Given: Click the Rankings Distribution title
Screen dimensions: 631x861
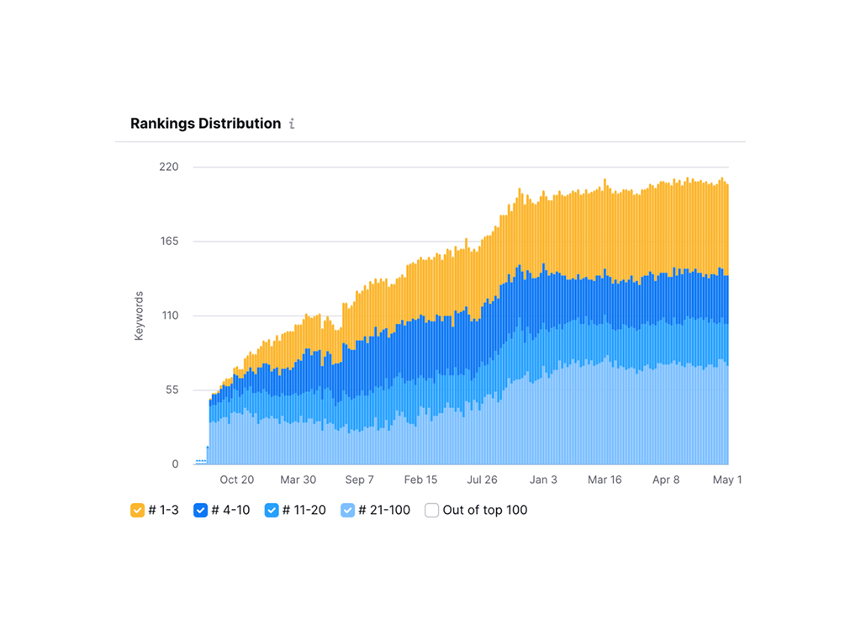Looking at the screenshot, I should (x=205, y=124).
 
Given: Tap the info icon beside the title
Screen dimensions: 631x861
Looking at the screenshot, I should (x=292, y=124).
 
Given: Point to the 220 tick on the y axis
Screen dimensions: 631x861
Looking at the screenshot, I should (x=168, y=167).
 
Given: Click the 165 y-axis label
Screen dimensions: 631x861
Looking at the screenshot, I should (x=168, y=241).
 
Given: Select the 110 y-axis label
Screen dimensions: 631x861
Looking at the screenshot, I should (x=168, y=315).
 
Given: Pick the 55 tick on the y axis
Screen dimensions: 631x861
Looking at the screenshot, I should (x=171, y=390).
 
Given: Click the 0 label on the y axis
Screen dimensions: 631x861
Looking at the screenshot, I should (x=175, y=464).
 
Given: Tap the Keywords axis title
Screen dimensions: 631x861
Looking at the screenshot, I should (x=140, y=316).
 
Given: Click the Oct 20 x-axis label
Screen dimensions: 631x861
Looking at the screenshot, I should (x=237, y=480).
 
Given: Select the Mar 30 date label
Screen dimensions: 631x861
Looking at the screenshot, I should (x=298, y=480).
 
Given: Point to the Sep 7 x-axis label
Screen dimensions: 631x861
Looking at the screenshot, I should (x=359, y=480).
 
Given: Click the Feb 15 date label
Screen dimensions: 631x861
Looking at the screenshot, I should (x=420, y=480).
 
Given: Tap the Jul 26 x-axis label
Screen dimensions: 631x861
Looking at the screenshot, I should (x=482, y=480).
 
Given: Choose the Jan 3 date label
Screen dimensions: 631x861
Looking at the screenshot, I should (x=543, y=480).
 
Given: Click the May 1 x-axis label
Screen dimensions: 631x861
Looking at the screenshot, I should (x=727, y=480).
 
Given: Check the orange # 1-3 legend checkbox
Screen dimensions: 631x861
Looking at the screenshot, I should (x=138, y=510).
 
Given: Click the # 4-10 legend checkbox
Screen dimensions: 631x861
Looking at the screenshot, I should (x=201, y=510).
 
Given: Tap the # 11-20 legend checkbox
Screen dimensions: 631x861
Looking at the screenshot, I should (x=272, y=510).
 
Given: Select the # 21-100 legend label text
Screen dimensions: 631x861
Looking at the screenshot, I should (x=384, y=510).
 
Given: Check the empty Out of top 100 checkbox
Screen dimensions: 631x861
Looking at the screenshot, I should (x=431, y=510).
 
